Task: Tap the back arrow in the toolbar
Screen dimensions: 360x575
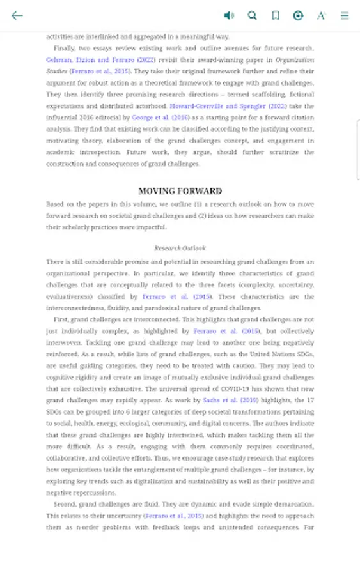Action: (x=17, y=15)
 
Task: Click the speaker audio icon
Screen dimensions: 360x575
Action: (x=228, y=15)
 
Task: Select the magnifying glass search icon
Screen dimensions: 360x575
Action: (x=252, y=15)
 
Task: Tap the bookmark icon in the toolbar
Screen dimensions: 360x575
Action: (x=275, y=15)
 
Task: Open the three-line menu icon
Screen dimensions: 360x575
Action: (x=345, y=15)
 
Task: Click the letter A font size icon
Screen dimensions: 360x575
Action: (x=321, y=15)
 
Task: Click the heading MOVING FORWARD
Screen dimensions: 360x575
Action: (x=180, y=190)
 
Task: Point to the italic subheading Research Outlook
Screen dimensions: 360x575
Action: (x=180, y=248)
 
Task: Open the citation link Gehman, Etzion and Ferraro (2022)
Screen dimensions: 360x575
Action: (x=100, y=60)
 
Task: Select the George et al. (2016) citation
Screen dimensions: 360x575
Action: (x=160, y=118)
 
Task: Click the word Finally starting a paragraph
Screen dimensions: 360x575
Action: (x=64, y=49)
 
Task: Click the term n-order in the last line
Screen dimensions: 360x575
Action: (x=87, y=527)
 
